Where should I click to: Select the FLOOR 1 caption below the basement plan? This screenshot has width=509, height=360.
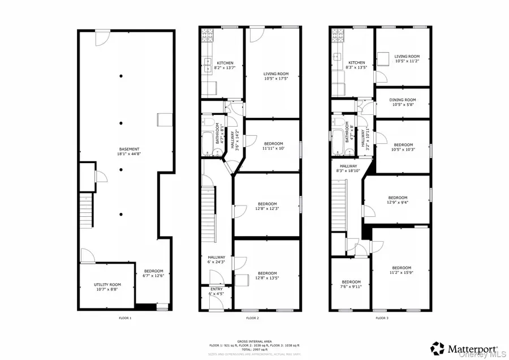pos(125,318)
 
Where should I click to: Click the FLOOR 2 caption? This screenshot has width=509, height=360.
pos(252,318)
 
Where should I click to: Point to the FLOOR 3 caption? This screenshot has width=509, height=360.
pos(382,318)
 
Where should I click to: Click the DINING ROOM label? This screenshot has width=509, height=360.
pos(403,100)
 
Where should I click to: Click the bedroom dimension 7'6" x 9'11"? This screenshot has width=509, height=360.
pos(351,287)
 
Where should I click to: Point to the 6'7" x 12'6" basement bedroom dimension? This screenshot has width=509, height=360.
pos(153,276)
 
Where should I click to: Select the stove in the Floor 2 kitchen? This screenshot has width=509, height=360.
pos(206,36)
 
